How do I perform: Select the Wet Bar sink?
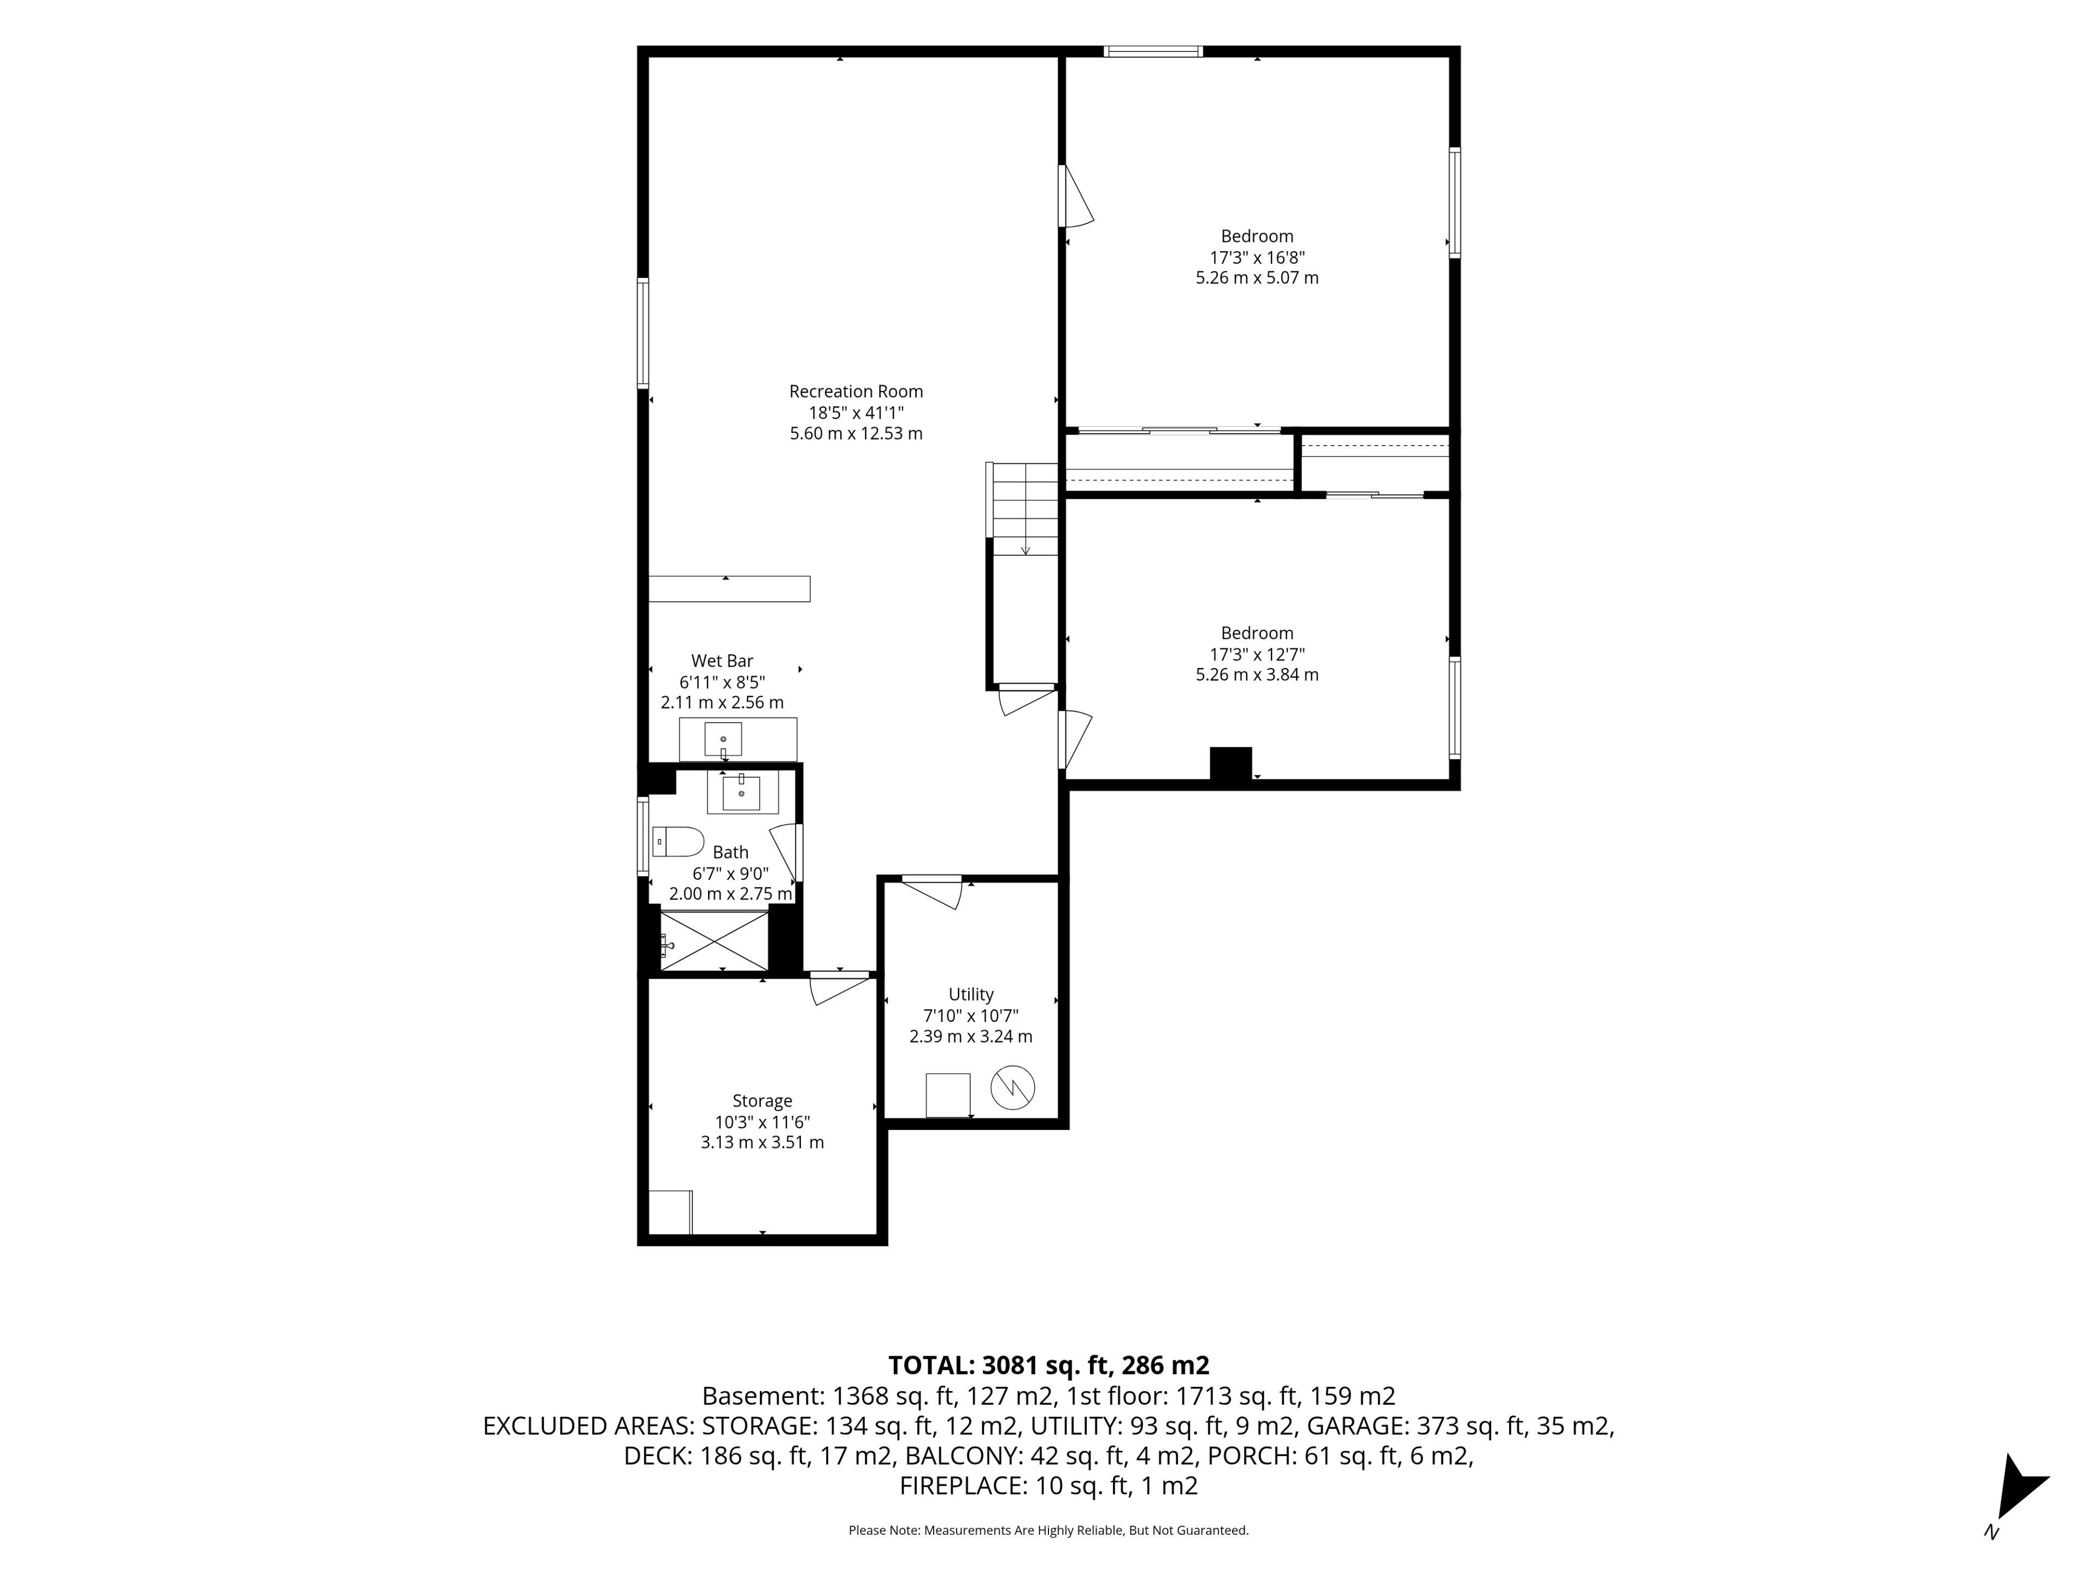pos(723,738)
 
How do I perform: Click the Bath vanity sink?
pos(742,793)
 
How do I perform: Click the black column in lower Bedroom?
pos(1231,764)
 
